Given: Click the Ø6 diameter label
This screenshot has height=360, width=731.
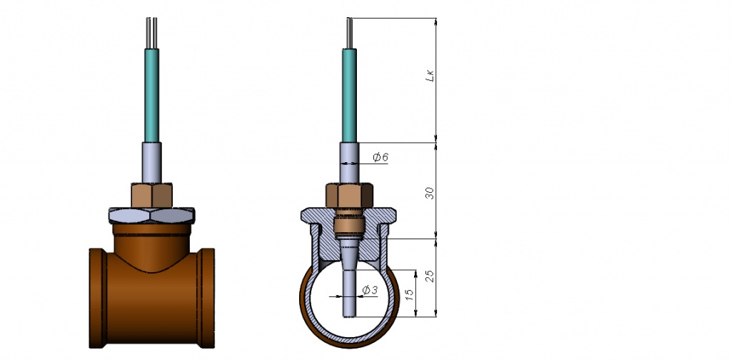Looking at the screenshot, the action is coord(380,157).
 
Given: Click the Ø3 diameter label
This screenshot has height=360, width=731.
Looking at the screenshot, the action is coord(370,290).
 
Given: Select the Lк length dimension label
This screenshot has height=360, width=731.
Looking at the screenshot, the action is coord(430,76).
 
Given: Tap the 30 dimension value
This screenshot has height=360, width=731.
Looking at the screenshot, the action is coord(430,193).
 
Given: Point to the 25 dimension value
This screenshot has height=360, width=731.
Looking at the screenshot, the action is coord(430,276).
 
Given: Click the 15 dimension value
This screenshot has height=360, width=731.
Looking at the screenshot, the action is coord(409,294).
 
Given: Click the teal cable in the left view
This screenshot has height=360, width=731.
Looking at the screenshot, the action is coord(151,95).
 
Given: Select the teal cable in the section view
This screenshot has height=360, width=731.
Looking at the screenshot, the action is coord(349,95).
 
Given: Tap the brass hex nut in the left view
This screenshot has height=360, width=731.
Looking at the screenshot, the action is coord(151,196).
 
